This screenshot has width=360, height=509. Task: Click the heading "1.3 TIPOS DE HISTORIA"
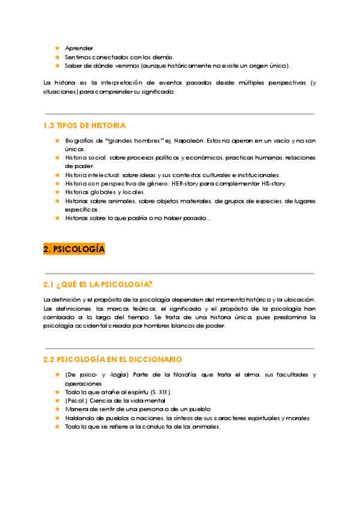pyautogui.click(x=85, y=125)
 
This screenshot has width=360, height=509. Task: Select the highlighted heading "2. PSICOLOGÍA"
pyautogui.click(x=74, y=248)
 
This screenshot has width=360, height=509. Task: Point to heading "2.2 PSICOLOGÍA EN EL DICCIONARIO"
pyautogui.click(x=113, y=359)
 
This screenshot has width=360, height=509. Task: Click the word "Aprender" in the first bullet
pyautogui.click(x=79, y=48)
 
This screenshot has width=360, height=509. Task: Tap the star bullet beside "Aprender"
pyautogui.click(x=57, y=48)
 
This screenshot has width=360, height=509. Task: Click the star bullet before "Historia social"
pyautogui.click(x=57, y=158)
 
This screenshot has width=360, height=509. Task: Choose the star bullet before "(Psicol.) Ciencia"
pyautogui.click(x=57, y=400)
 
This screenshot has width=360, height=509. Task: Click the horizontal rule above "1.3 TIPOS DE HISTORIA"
pyautogui.click(x=179, y=113)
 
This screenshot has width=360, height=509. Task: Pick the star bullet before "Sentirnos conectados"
pyautogui.click(x=57, y=56)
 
